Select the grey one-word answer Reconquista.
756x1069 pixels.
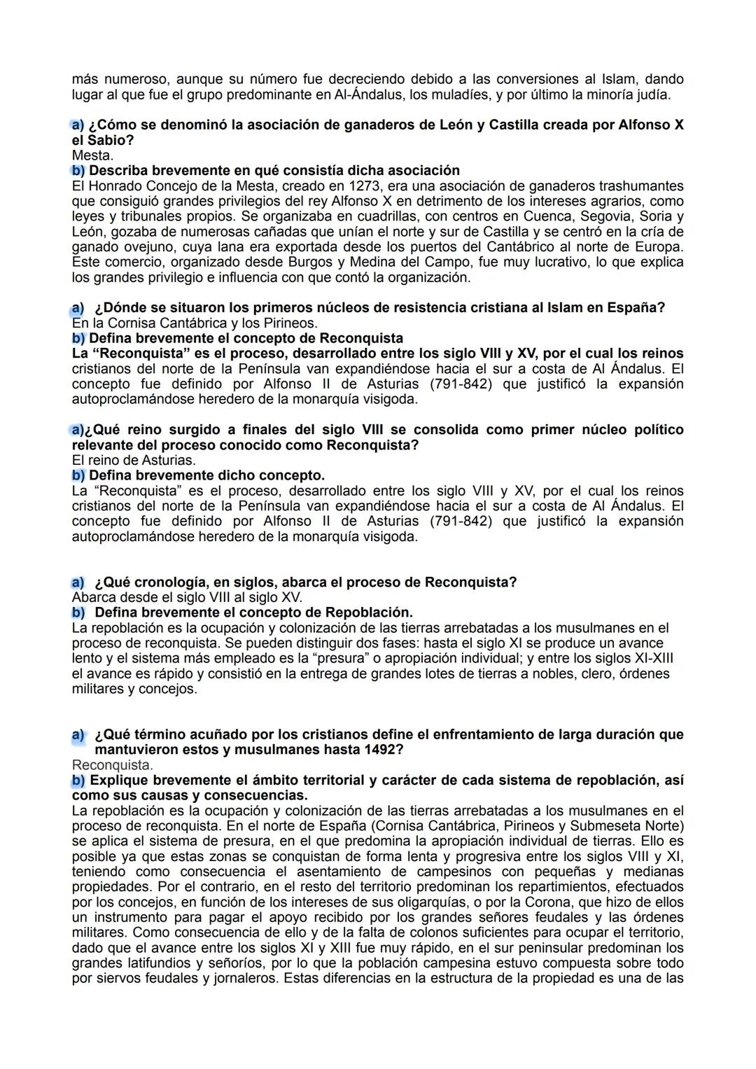(111, 765)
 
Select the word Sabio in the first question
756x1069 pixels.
(111, 140)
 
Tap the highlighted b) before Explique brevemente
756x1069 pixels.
(78, 781)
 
